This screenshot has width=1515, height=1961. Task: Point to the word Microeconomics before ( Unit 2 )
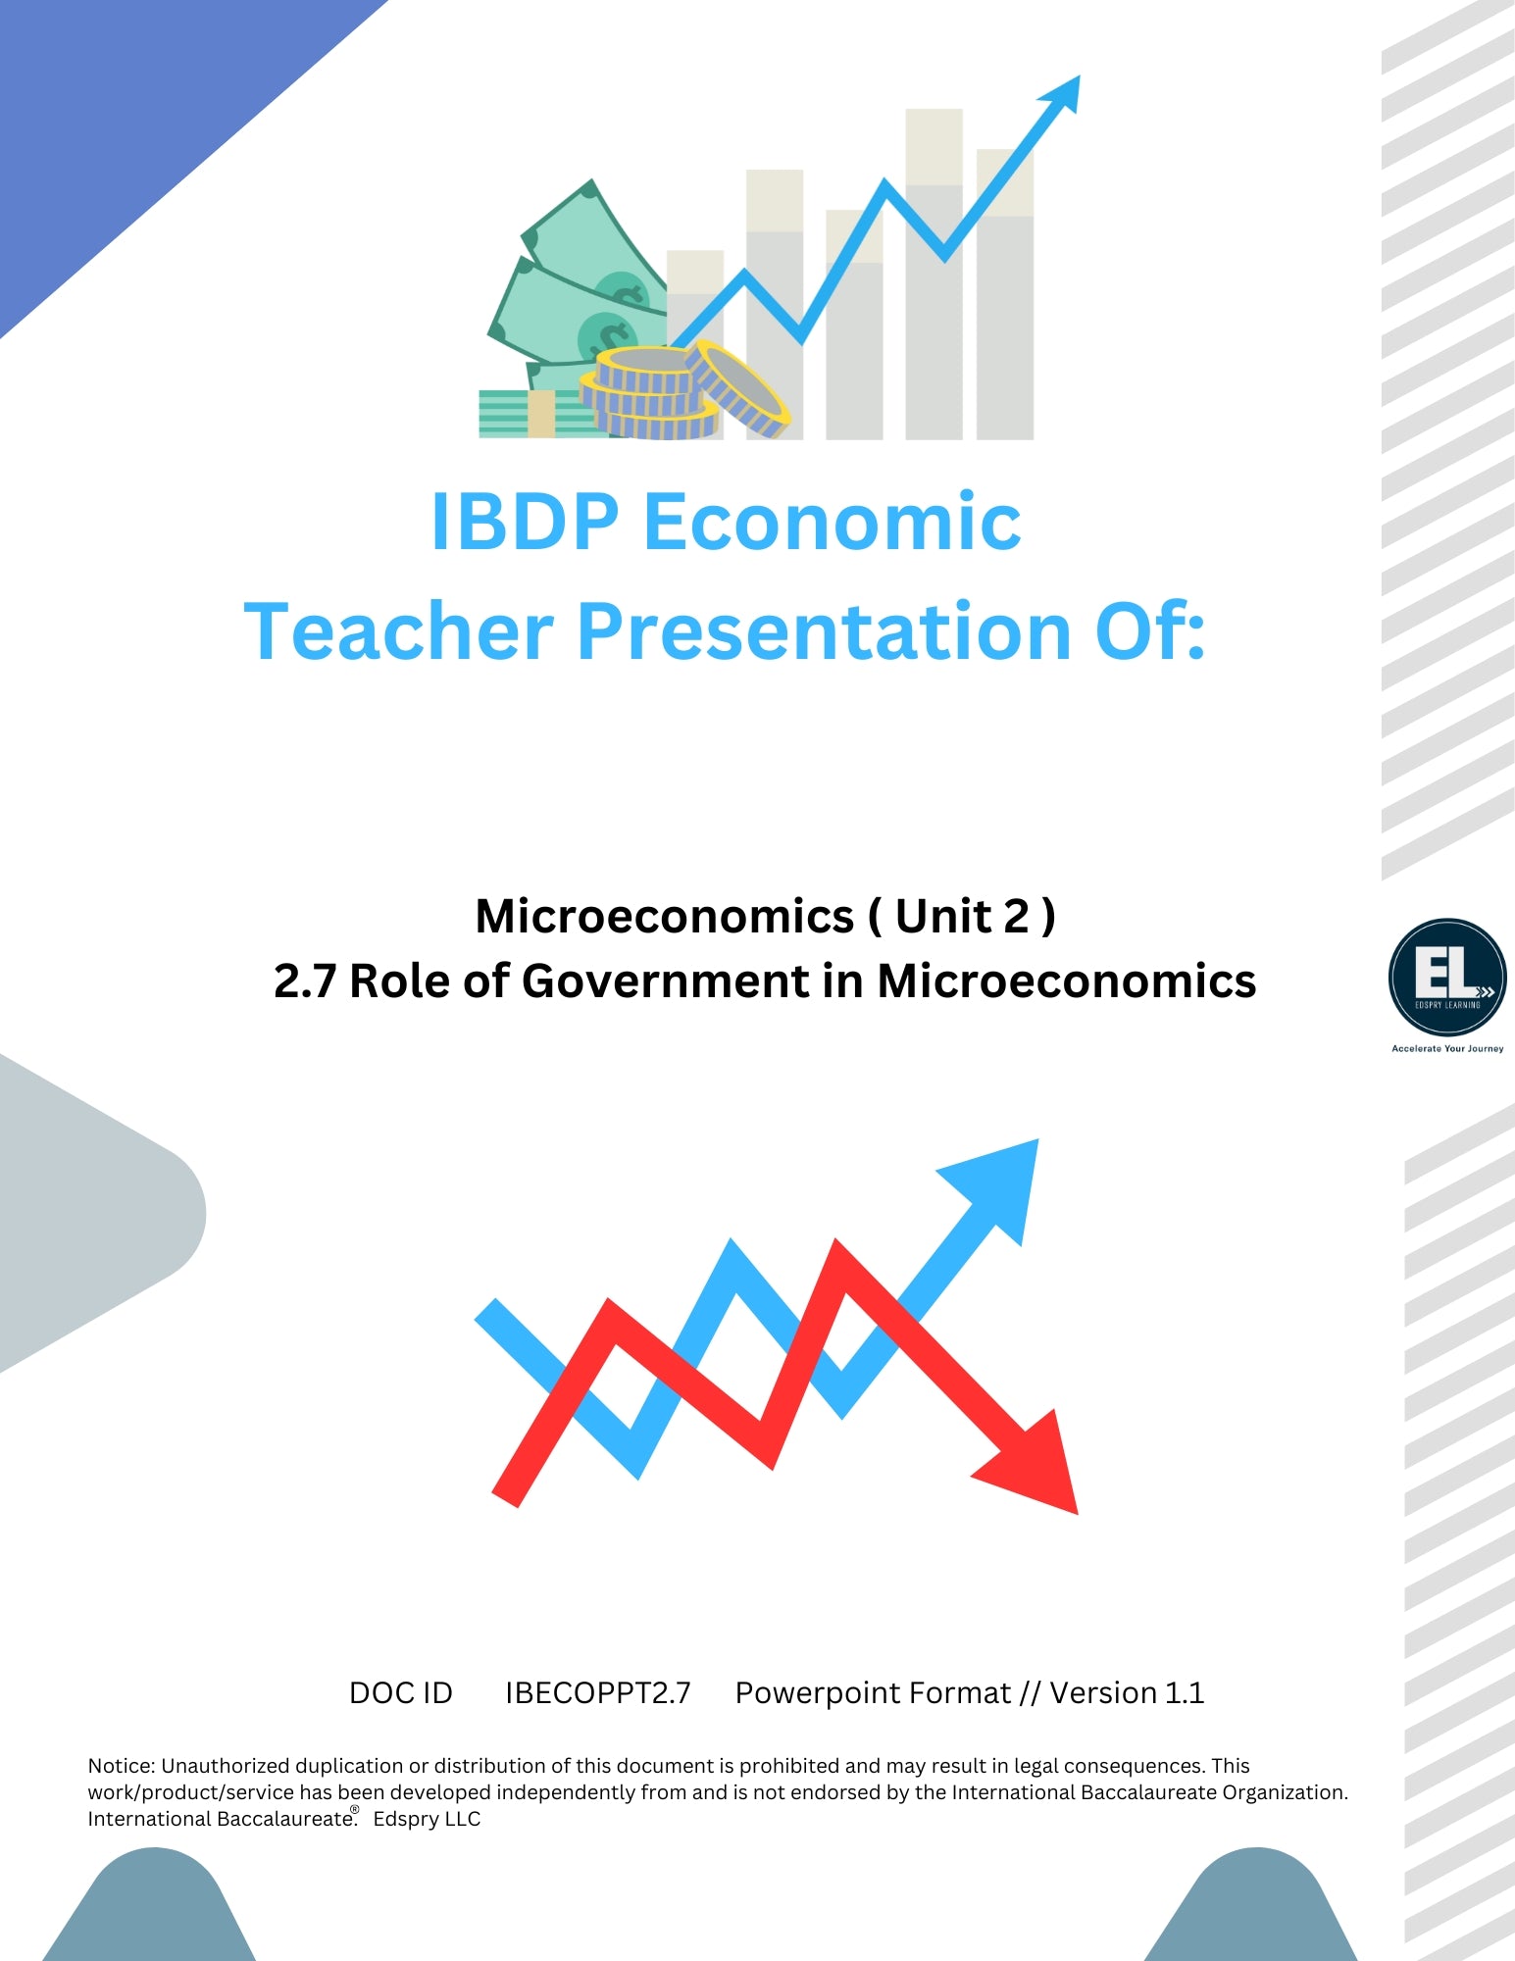pos(665,917)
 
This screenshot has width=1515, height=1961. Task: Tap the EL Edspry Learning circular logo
pos(1447,977)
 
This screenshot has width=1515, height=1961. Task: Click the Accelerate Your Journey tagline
pos(1447,1048)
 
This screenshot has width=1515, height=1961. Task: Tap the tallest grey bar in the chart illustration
pos(934,275)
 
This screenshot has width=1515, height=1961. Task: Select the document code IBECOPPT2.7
pos(598,1693)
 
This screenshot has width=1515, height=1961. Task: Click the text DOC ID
pos(401,1693)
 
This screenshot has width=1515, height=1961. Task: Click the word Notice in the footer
pos(122,1766)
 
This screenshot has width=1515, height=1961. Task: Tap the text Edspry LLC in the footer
pos(427,1819)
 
